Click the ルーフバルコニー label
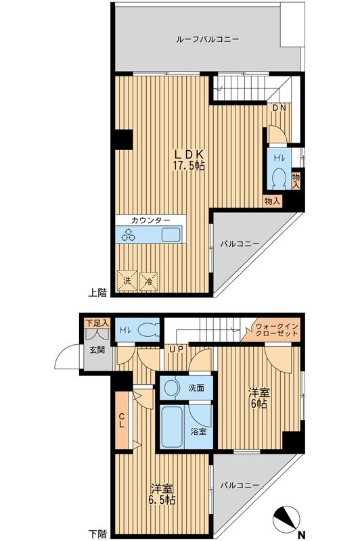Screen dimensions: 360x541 tap(207, 39)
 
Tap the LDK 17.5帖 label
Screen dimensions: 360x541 tap(189, 160)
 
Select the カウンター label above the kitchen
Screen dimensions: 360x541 tap(150, 220)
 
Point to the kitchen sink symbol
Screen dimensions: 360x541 tap(171, 235)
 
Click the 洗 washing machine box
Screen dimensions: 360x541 tap(127, 281)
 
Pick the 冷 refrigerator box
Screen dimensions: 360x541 tap(149, 281)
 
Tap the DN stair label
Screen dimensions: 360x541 tap(279, 108)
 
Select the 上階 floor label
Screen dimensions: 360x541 tap(97, 293)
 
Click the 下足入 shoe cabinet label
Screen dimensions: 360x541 tap(97, 323)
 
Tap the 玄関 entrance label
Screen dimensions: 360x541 tap(97, 350)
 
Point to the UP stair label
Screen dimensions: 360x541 tap(176, 349)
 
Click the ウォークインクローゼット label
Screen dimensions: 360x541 tap(277, 330)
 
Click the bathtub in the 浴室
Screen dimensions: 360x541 tap(173, 427)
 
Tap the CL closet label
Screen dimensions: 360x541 tap(122, 420)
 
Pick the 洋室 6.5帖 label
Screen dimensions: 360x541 tap(162, 494)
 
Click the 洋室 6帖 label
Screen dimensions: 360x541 tap(259, 398)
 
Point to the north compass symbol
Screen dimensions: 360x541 tap(285, 519)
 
